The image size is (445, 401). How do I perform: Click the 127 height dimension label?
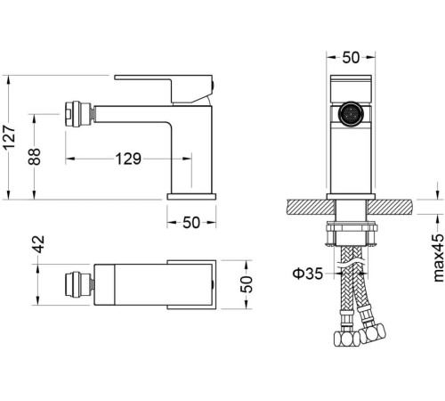coord(9,137)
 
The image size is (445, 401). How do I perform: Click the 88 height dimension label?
coord(34,157)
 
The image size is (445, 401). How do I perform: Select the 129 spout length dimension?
coord(128,159)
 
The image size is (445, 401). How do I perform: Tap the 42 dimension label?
coord(38,244)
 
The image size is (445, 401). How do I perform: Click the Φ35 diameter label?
coord(308,274)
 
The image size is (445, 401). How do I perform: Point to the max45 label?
coord(439,258)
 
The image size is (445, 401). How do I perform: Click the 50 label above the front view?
coord(351,58)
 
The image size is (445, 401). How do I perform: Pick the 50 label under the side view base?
coord(191,223)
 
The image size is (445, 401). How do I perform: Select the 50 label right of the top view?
coord(247,284)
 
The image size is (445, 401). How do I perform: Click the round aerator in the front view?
coord(351,114)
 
